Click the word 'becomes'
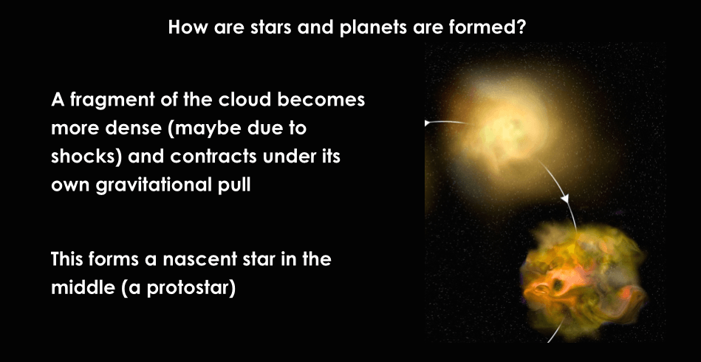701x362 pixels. coord(321,99)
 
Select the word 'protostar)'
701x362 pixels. coord(191,288)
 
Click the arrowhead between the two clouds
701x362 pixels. coord(566,199)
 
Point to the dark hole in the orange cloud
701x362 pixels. coord(558,284)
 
